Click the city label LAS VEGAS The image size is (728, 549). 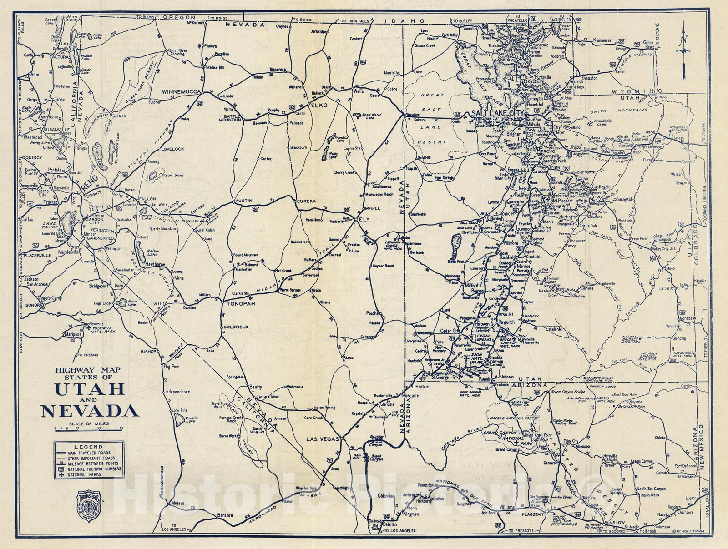(323, 438)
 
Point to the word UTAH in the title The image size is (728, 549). (89, 389)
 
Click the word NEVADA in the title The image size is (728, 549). (90, 411)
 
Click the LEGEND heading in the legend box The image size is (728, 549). (89, 447)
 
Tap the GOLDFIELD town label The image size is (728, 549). (236, 327)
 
